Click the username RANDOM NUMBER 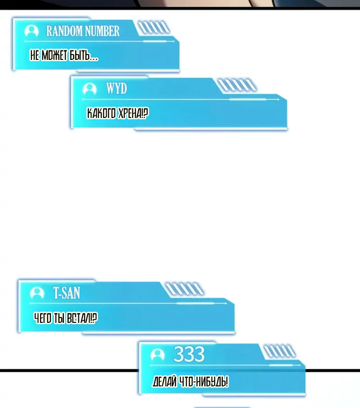83,31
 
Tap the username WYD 117,88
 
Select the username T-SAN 67,293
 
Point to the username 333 189,354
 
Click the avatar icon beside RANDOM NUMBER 31,31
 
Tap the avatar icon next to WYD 90,89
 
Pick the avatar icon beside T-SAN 37,293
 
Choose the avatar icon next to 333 157,355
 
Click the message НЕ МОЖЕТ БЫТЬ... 64,55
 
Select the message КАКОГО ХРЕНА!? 117,113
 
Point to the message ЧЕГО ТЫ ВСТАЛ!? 66,318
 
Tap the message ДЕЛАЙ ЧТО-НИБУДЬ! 190,382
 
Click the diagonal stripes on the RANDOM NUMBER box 153,27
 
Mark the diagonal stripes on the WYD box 237,85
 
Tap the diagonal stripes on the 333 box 279,351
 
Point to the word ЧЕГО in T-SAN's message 43,318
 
